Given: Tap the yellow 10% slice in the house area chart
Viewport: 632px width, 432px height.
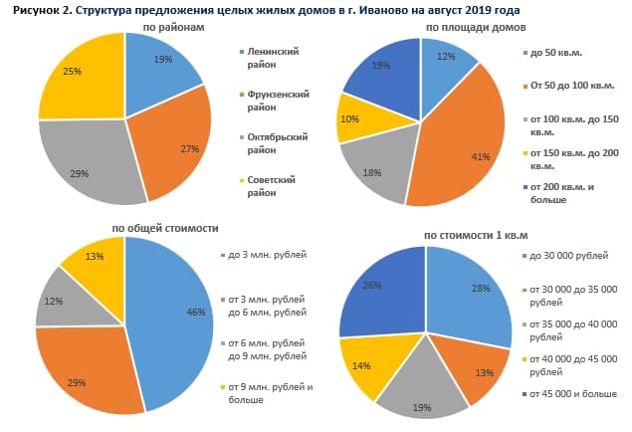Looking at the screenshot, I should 354,116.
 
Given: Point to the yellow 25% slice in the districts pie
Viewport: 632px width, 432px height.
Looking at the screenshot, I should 80,85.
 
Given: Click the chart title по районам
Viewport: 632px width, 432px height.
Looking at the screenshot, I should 173,28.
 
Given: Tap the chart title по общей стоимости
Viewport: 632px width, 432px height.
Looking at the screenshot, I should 164,228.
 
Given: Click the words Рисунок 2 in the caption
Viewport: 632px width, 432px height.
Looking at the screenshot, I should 39,9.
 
